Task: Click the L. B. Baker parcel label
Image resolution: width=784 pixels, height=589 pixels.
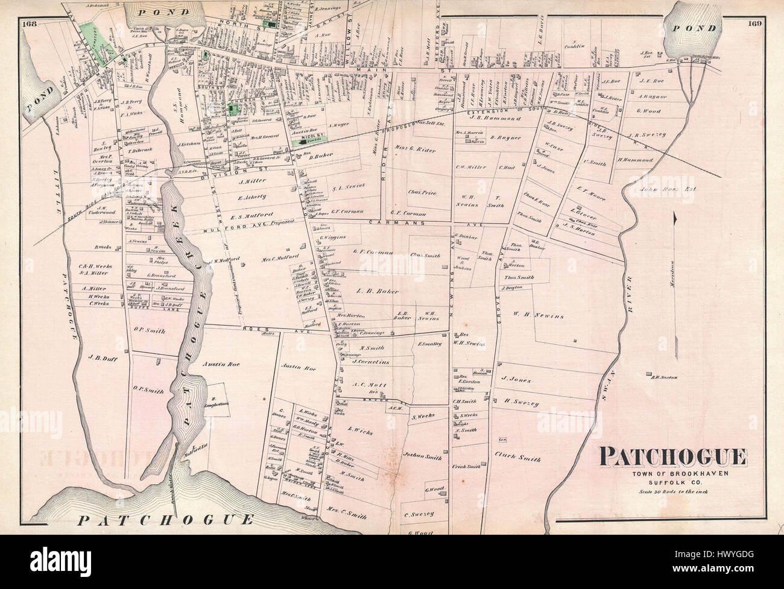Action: point(378,291)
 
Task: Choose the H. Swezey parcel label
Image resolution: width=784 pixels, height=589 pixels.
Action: point(522,402)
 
